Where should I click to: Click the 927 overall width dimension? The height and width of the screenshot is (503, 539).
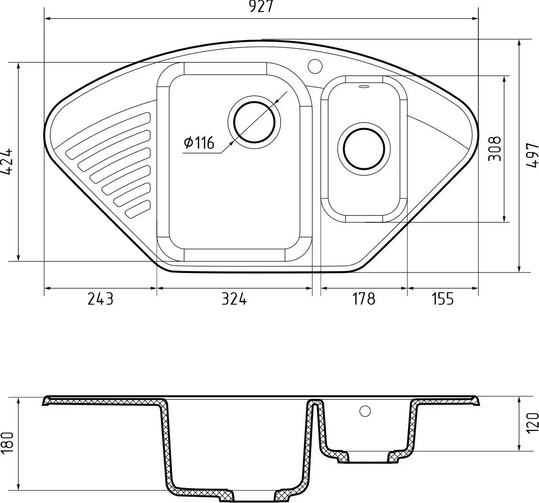point(261,7)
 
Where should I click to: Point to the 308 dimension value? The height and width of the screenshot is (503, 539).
point(495,149)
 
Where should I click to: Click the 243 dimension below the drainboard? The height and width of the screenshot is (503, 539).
point(100,299)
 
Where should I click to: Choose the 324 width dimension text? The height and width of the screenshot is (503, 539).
point(234,299)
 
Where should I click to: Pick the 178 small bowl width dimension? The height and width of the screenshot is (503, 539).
point(364,299)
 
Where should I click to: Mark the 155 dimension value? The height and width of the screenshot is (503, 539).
point(442,299)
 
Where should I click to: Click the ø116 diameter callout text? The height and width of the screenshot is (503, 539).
point(199,142)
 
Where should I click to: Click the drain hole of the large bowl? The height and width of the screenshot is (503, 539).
point(254,122)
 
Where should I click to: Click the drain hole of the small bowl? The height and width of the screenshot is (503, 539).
point(364,149)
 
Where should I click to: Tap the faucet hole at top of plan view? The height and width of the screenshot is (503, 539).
point(315,66)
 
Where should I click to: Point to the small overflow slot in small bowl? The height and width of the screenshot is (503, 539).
point(364,87)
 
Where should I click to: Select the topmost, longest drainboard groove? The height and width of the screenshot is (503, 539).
point(108,131)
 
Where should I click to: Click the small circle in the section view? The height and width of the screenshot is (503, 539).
point(365,411)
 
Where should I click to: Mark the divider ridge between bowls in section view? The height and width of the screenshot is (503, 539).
point(315,404)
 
